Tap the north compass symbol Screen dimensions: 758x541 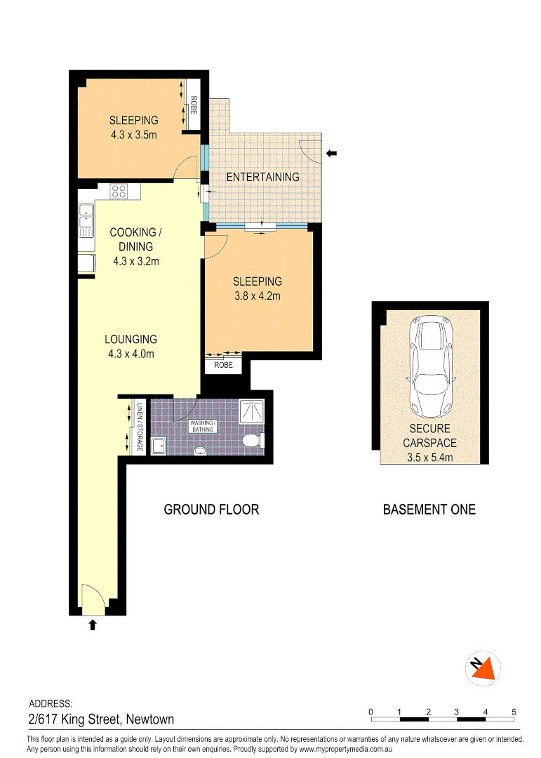(x=483, y=669)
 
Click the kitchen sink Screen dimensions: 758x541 (x=86, y=220)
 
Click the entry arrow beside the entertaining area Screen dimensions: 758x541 (x=332, y=152)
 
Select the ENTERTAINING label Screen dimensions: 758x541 (x=262, y=177)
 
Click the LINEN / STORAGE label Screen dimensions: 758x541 (x=140, y=427)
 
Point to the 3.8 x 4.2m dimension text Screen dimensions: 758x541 (x=257, y=295)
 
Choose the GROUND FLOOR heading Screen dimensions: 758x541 (x=211, y=510)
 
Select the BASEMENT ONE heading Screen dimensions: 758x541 (x=429, y=510)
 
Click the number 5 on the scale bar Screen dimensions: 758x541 (x=514, y=712)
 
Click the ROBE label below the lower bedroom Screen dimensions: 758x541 (x=223, y=366)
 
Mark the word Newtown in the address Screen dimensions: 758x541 (x=150, y=719)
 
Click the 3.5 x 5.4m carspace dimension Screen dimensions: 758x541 (x=429, y=458)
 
